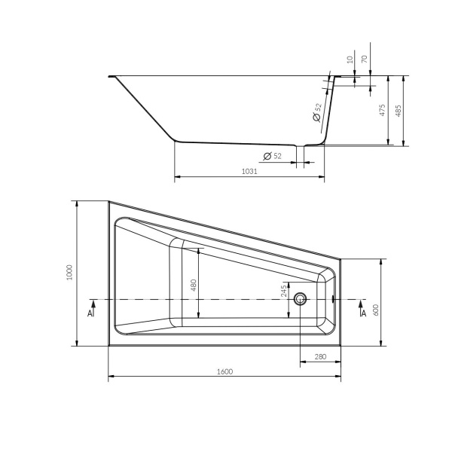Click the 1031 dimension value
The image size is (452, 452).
pyautogui.click(x=249, y=172)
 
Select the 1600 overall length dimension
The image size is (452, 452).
pyautogui.click(x=224, y=371)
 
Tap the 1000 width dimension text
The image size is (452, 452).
pyautogui.click(x=69, y=273)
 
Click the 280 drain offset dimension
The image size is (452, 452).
pyautogui.click(x=320, y=356)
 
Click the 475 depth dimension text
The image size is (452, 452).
pyautogui.click(x=383, y=111)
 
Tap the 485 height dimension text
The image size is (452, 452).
pyautogui.click(x=399, y=111)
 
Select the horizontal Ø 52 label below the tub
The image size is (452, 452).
pyautogui.click(x=272, y=156)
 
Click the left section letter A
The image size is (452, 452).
pyautogui.click(x=90, y=311)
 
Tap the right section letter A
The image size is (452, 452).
pyautogui.click(x=363, y=311)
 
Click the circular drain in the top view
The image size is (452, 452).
pyautogui.click(x=301, y=299)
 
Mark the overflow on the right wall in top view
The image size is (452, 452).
pyautogui.click(x=334, y=298)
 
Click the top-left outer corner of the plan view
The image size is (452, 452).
pyautogui.click(x=108, y=200)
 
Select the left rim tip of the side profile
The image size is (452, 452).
pyautogui.click(x=111, y=75)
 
